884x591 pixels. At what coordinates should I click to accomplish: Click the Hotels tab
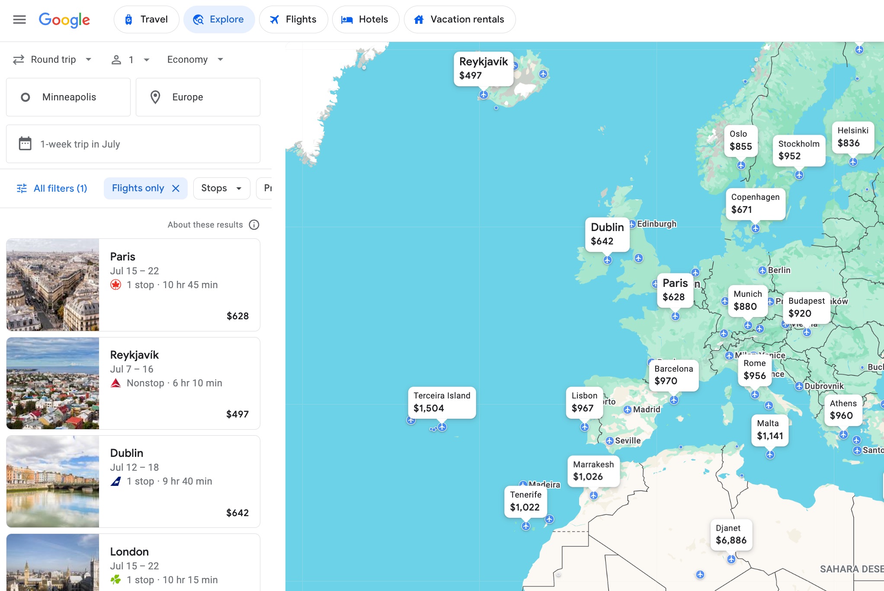pyautogui.click(x=365, y=19)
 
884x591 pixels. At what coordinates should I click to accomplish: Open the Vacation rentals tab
pyautogui.click(x=459, y=19)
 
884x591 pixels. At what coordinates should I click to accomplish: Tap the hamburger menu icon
pyautogui.click(x=19, y=19)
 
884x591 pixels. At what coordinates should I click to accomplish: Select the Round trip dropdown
pyautogui.click(x=52, y=60)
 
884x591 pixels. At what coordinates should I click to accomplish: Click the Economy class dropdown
pyautogui.click(x=195, y=60)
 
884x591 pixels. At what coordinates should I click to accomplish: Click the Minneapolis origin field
pyautogui.click(x=68, y=97)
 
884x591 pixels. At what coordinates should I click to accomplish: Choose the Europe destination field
pyautogui.click(x=198, y=97)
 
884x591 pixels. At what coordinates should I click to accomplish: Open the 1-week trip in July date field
pyautogui.click(x=133, y=144)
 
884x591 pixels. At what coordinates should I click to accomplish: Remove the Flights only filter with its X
pyautogui.click(x=176, y=188)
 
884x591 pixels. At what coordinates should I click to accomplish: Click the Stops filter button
pyautogui.click(x=221, y=188)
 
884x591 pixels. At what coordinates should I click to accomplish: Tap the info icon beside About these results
pyautogui.click(x=254, y=225)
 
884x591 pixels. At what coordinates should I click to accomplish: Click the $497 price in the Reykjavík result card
pyautogui.click(x=237, y=414)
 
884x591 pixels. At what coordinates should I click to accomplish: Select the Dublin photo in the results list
pyautogui.click(x=53, y=482)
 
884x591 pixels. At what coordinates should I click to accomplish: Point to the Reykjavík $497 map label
pyautogui.click(x=483, y=69)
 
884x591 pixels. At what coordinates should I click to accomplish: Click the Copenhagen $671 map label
pyautogui.click(x=755, y=203)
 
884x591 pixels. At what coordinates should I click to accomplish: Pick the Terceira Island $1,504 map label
pyautogui.click(x=442, y=402)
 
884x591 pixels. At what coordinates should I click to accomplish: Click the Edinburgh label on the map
pyautogui.click(x=657, y=224)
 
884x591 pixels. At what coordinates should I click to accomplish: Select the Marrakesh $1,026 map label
pyautogui.click(x=593, y=471)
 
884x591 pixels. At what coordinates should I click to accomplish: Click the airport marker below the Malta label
pyautogui.click(x=770, y=455)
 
